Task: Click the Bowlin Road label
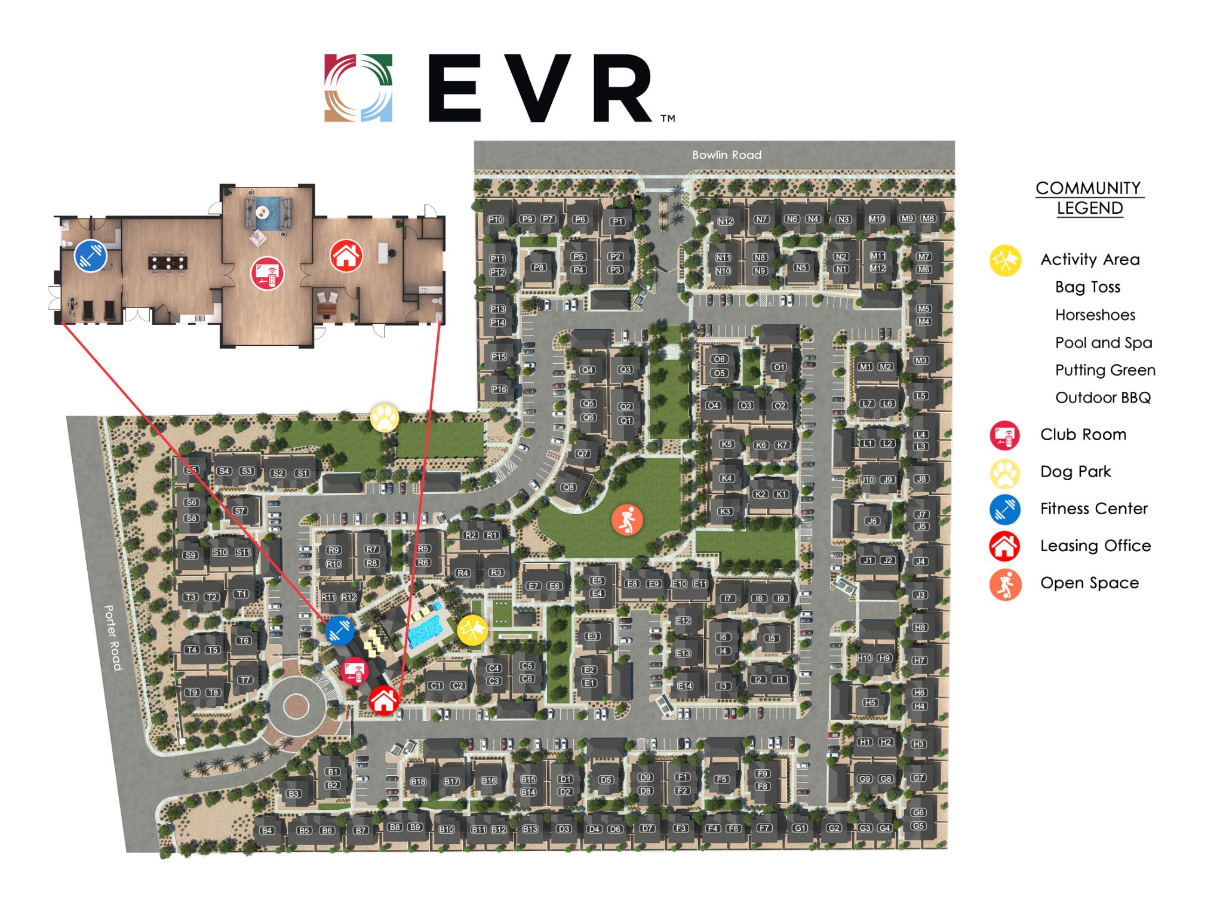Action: (726, 155)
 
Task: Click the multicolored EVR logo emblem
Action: (358, 88)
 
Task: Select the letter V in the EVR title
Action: (542, 88)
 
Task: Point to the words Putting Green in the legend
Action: (1105, 370)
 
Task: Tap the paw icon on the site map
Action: (385, 417)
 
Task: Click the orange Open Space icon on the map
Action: (627, 520)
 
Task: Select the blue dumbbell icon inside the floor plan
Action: (91, 256)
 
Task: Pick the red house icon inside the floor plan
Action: (346, 256)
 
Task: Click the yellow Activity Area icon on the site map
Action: (472, 630)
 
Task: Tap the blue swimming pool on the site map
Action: (429, 631)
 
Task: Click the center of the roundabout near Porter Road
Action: (295, 707)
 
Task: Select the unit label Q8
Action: (567, 487)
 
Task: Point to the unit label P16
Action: (499, 389)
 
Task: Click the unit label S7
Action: (240, 511)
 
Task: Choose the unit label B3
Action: (293, 794)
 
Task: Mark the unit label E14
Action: (685, 686)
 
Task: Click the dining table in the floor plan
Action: (168, 262)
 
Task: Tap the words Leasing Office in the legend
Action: (1095, 545)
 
